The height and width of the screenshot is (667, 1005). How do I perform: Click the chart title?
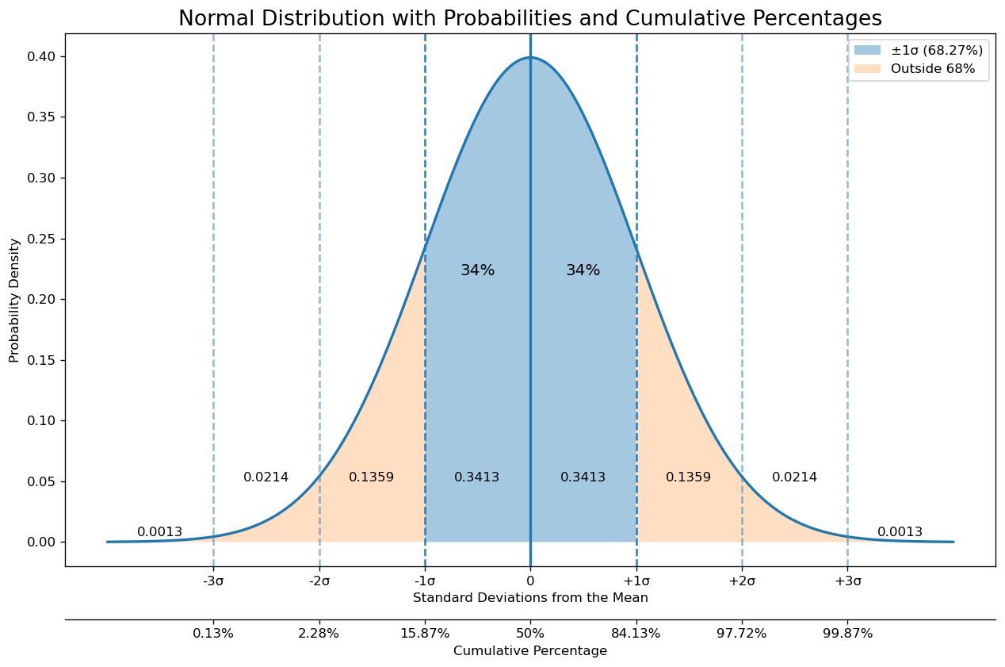pyautogui.click(x=529, y=18)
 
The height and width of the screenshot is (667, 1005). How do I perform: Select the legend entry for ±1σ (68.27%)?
pyautogui.click(x=917, y=50)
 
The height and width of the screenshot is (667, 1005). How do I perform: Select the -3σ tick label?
pyautogui.click(x=213, y=581)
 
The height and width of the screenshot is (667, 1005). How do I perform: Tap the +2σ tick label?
pyautogui.click(x=742, y=581)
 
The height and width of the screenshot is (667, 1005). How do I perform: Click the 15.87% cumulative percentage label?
pyautogui.click(x=425, y=634)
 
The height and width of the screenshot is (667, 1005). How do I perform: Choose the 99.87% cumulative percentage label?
pyautogui.click(x=847, y=634)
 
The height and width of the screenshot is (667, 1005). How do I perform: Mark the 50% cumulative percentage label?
pyautogui.click(x=530, y=634)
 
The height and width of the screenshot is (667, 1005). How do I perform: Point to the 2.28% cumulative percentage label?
pyautogui.click(x=319, y=634)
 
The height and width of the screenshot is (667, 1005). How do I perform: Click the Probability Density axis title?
pyautogui.click(x=15, y=300)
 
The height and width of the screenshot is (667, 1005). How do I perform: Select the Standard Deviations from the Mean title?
pyautogui.click(x=530, y=598)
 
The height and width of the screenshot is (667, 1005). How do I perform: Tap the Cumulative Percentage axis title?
pyautogui.click(x=530, y=651)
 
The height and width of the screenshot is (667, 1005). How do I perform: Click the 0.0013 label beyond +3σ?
pyautogui.click(x=900, y=532)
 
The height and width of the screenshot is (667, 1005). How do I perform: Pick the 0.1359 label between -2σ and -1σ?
pyautogui.click(x=371, y=477)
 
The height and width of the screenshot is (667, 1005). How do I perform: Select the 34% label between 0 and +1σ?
pyautogui.click(x=583, y=270)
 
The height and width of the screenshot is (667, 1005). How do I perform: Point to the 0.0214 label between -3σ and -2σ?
pyautogui.click(x=266, y=477)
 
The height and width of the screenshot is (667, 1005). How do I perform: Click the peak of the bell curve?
pyautogui.click(x=530, y=57)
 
